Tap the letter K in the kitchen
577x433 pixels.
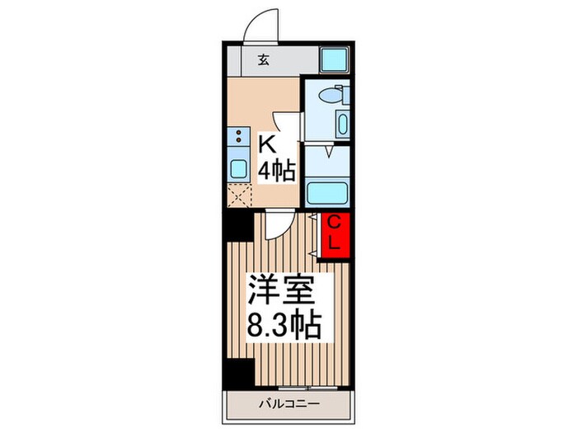click(x=267, y=144)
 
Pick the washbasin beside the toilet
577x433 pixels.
click(x=342, y=124)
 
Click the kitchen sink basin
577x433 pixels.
click(x=238, y=169)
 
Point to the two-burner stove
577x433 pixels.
click(x=238, y=137)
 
